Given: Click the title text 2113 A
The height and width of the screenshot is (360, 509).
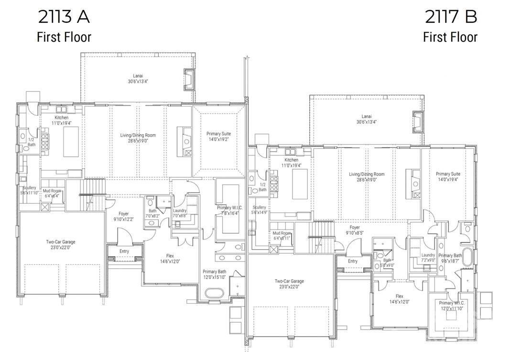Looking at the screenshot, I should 64,17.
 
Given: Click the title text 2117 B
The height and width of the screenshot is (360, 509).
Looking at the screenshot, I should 451,17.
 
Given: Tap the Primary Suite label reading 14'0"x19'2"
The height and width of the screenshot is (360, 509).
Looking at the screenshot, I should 218,136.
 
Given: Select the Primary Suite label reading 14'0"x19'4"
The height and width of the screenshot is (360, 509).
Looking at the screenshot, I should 448,176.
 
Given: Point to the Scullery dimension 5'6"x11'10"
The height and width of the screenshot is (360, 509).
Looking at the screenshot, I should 29,190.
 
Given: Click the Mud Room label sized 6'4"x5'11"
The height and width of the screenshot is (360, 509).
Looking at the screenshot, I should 282,235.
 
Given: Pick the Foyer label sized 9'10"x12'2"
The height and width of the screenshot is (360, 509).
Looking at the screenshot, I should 123,217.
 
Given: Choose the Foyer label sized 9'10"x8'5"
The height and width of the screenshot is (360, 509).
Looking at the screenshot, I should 354,230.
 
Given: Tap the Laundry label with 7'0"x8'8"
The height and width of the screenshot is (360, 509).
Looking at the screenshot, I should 180,213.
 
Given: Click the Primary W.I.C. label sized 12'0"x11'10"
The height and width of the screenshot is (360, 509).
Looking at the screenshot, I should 452,305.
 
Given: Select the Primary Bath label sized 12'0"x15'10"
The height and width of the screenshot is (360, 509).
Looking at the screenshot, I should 215,274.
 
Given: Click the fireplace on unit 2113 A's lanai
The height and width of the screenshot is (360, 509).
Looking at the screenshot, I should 188,79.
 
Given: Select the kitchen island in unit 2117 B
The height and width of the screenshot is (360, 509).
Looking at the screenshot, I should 300,184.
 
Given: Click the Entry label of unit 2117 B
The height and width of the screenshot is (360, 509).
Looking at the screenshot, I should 353,261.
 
